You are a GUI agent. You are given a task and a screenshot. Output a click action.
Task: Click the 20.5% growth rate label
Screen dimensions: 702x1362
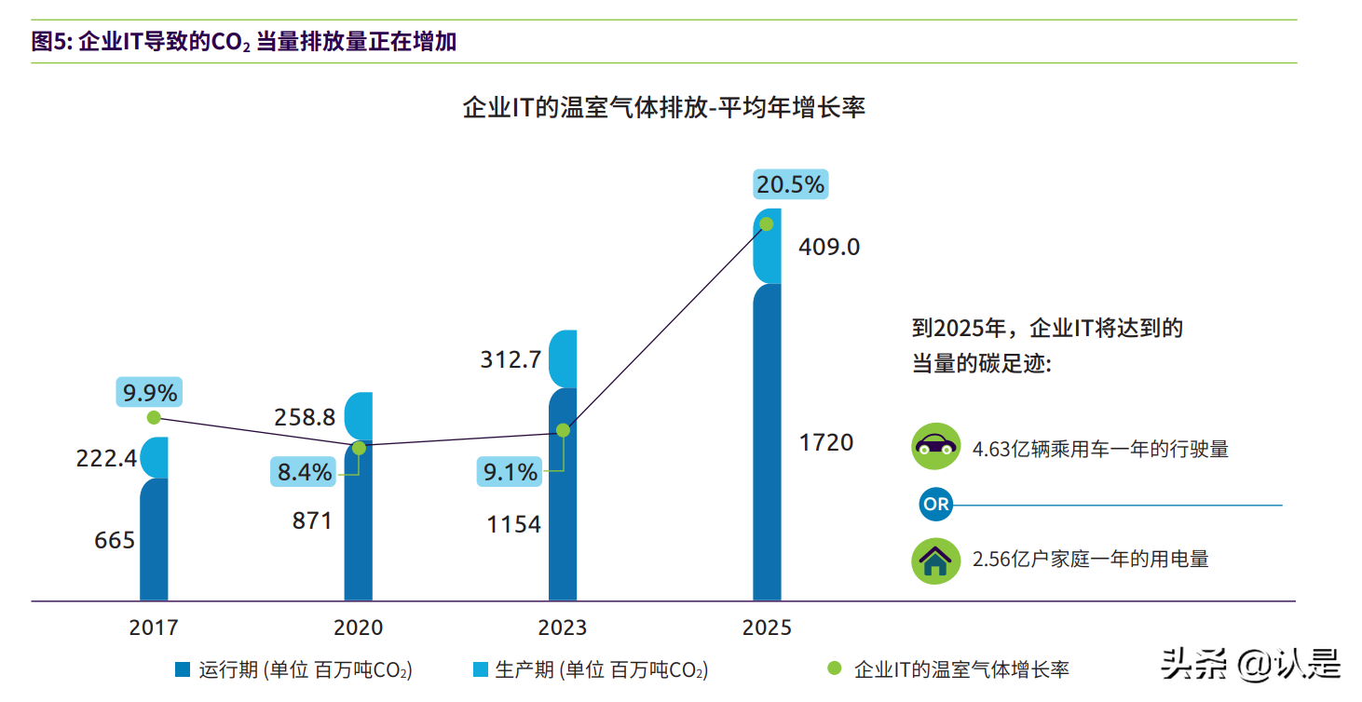[x=790, y=185]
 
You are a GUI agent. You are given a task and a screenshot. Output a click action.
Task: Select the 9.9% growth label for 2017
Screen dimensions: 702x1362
[x=149, y=392]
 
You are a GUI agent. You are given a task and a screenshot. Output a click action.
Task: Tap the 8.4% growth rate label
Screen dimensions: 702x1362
[x=305, y=472]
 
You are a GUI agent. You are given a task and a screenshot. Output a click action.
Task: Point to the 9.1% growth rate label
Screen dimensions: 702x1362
[x=509, y=472]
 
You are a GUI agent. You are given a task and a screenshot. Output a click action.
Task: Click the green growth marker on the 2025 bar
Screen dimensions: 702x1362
[x=766, y=223]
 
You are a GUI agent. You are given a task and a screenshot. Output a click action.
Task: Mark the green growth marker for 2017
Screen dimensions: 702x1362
[x=154, y=417]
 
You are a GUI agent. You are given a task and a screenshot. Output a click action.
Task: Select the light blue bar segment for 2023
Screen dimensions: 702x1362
[x=563, y=358]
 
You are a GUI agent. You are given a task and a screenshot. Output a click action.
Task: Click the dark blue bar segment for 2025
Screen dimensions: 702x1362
[x=767, y=442]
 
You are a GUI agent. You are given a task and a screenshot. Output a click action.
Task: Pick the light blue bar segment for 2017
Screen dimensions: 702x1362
[x=155, y=457]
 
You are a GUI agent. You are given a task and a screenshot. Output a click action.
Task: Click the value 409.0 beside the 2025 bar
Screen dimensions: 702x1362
[x=829, y=248]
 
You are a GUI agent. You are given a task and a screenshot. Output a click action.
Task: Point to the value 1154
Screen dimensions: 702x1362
[x=513, y=524]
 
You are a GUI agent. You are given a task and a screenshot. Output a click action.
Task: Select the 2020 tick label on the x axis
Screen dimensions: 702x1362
[x=358, y=628]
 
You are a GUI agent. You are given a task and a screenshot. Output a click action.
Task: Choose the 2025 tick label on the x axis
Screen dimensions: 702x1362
[x=767, y=628]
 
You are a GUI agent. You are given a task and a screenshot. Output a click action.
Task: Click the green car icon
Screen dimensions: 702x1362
[x=935, y=447]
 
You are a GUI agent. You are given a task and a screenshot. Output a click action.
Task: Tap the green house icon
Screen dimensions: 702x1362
[x=935, y=560]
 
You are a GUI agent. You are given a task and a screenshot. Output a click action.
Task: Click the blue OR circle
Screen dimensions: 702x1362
[x=935, y=505]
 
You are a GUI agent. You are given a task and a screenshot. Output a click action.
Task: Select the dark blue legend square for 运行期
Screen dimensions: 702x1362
[x=183, y=669]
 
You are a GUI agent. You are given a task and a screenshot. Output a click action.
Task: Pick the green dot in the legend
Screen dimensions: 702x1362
[x=834, y=668]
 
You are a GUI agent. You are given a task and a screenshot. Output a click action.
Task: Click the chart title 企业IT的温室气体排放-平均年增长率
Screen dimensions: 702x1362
[x=664, y=108]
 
